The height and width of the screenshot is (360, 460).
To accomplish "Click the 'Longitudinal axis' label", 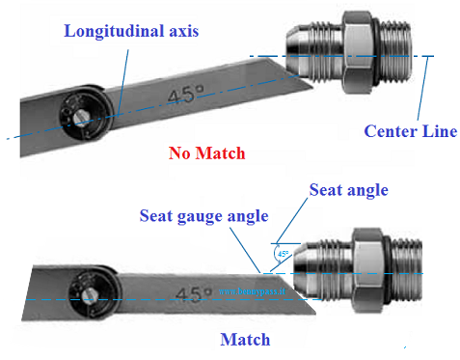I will coord(131,31).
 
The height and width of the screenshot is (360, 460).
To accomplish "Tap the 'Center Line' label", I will coord(410,130).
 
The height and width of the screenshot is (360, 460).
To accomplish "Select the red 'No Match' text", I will coord(206,152).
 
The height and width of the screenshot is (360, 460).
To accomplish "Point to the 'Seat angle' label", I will coord(348,190).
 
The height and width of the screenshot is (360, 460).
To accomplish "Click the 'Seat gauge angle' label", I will coord(203,215).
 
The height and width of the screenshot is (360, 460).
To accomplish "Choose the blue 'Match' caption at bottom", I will coord(245,339).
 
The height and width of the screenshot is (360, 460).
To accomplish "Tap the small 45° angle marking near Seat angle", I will coord(283,255).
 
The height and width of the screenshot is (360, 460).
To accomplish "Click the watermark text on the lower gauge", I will coord(252,290).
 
